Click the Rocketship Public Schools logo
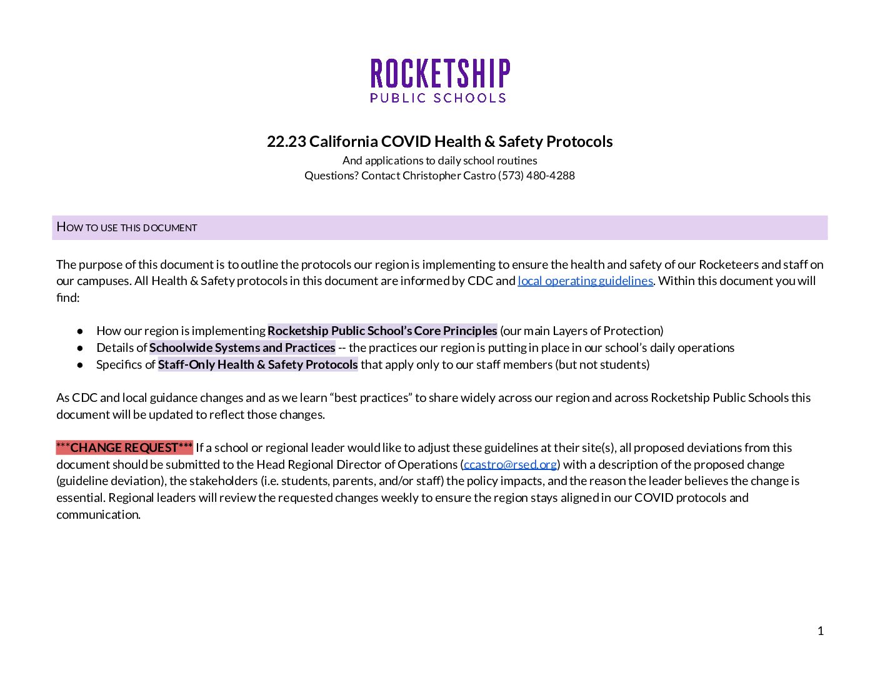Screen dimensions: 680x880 tap(439, 81)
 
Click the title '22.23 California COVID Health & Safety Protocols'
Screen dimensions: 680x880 tap(439, 142)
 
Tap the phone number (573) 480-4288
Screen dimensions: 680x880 tap(536, 176)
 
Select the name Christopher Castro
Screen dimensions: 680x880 tap(449, 176)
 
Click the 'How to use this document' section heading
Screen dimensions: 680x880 tap(127, 227)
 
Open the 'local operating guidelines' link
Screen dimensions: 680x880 tap(585, 281)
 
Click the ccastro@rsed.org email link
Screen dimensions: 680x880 tap(510, 464)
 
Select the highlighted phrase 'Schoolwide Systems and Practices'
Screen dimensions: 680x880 tap(242, 347)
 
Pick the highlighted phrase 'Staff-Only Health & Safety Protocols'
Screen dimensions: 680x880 tap(257, 364)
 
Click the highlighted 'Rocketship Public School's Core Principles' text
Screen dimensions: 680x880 tap(382, 331)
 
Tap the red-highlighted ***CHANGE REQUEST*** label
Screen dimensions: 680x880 tap(124, 447)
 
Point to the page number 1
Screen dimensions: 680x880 tap(821, 631)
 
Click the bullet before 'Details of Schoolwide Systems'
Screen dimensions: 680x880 tap(80, 347)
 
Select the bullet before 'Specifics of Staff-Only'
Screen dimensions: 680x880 tap(80, 364)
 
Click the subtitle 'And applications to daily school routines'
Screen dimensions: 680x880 tap(439, 161)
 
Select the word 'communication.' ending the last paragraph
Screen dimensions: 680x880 tap(98, 514)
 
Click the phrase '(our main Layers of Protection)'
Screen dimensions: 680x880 tap(581, 331)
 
